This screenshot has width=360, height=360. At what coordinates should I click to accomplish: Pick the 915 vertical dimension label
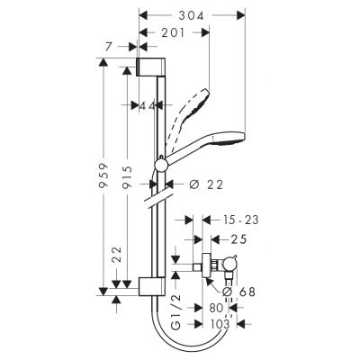tap(127, 174)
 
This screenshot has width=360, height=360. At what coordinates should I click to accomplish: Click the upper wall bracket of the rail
tap(152, 69)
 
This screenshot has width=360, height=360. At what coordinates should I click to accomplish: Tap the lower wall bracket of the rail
tap(152, 286)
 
